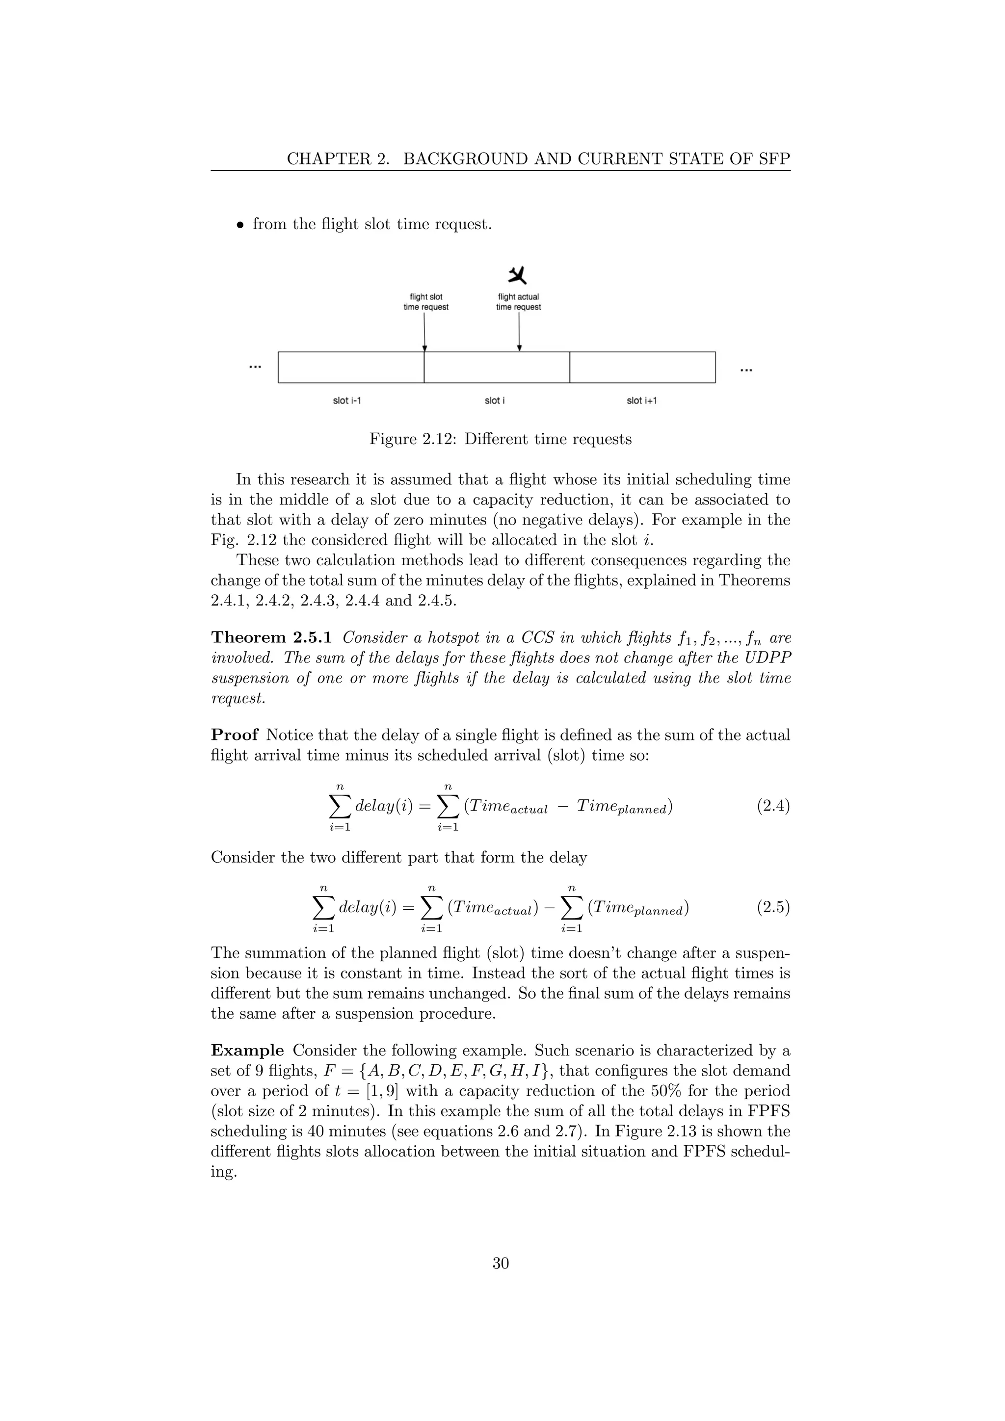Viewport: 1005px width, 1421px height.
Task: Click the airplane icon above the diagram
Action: [x=517, y=275]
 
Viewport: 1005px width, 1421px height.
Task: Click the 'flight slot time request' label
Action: [x=426, y=302]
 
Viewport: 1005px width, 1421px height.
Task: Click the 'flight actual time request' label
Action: [x=518, y=302]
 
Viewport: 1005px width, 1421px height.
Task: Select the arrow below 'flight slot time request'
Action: [x=424, y=332]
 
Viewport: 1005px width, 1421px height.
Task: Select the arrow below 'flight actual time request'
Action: [x=519, y=332]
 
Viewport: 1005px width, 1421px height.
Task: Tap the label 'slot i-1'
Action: [x=347, y=400]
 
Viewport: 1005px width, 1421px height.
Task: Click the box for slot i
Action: [x=496, y=368]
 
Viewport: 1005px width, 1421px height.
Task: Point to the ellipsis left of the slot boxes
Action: [x=254, y=367]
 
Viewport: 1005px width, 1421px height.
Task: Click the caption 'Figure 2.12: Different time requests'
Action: [x=500, y=440]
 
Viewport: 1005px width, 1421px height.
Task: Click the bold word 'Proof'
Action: [x=234, y=735]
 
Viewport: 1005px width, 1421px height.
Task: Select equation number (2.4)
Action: [x=773, y=807]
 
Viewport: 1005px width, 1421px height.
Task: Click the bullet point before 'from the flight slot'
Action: [x=239, y=225]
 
